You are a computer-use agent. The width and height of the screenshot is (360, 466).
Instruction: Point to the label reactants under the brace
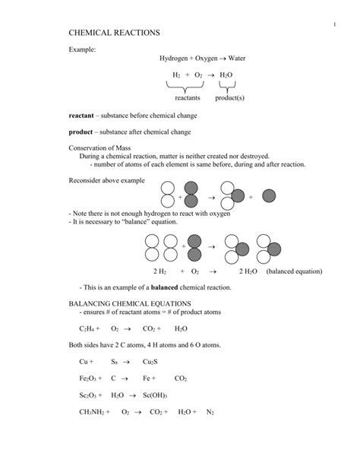click(187, 98)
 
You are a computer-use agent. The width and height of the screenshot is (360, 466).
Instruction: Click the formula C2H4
click(87, 329)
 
